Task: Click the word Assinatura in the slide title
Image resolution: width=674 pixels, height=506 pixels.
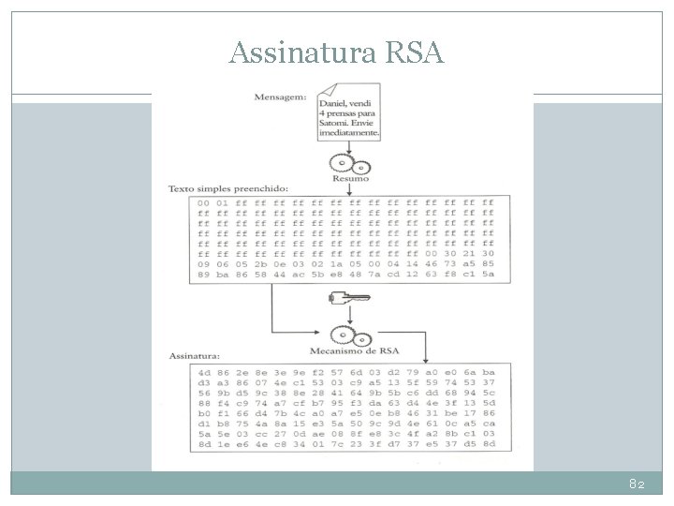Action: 297,52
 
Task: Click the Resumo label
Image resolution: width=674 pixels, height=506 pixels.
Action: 351,178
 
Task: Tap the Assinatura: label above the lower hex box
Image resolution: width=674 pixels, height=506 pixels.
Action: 195,356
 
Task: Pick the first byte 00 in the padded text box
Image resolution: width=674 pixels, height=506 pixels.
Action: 202,201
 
